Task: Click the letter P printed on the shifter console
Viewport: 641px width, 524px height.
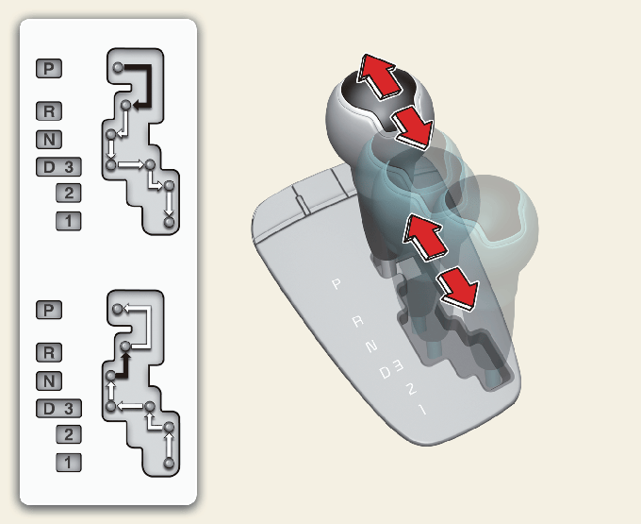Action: [337, 283]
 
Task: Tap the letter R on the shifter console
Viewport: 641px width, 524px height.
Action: [358, 321]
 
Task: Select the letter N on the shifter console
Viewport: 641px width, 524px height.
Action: [371, 347]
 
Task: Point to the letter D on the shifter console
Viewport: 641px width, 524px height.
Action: [386, 373]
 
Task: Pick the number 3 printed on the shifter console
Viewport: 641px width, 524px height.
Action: [398, 365]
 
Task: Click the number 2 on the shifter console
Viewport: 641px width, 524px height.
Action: [410, 388]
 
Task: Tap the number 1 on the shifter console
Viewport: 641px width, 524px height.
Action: [422, 409]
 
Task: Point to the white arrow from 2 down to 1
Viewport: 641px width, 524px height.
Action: [169, 203]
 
